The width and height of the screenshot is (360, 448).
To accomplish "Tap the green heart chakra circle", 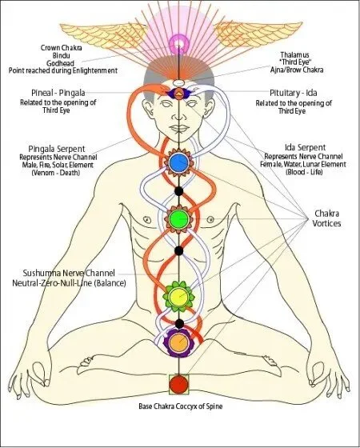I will tap(178, 217).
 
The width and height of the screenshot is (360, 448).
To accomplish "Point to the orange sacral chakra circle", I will tap(178, 344).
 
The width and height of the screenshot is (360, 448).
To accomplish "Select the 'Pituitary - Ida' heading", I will tap(294, 92).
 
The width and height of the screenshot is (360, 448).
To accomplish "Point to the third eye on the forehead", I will tap(178, 94).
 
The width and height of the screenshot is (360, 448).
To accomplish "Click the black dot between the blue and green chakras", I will tap(178, 191).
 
